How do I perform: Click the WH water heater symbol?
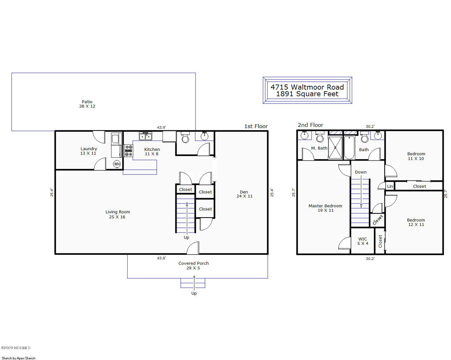click(x=117, y=164)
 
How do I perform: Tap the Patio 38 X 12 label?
click(x=87, y=104)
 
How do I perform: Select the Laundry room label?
click(x=89, y=151)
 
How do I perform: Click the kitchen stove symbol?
click(x=128, y=151)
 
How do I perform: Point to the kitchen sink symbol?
click(x=145, y=136)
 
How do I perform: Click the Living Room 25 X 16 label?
click(x=117, y=215)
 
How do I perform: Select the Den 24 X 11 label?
click(x=244, y=194)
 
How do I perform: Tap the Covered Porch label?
click(x=193, y=265)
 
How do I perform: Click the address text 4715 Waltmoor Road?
click(x=307, y=87)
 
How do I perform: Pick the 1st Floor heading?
click(x=256, y=126)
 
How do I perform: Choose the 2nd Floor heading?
click(x=310, y=125)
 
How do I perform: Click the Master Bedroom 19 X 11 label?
click(x=325, y=208)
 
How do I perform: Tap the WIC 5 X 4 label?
click(x=362, y=241)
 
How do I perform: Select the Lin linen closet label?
click(x=390, y=186)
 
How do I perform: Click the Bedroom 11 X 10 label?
click(x=416, y=156)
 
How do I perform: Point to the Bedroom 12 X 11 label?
click(x=415, y=222)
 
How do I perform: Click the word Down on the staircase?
click(x=360, y=172)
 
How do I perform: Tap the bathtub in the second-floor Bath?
click(x=349, y=148)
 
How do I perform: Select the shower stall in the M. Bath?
click(x=335, y=148)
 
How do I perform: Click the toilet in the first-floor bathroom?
click(x=185, y=138)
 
